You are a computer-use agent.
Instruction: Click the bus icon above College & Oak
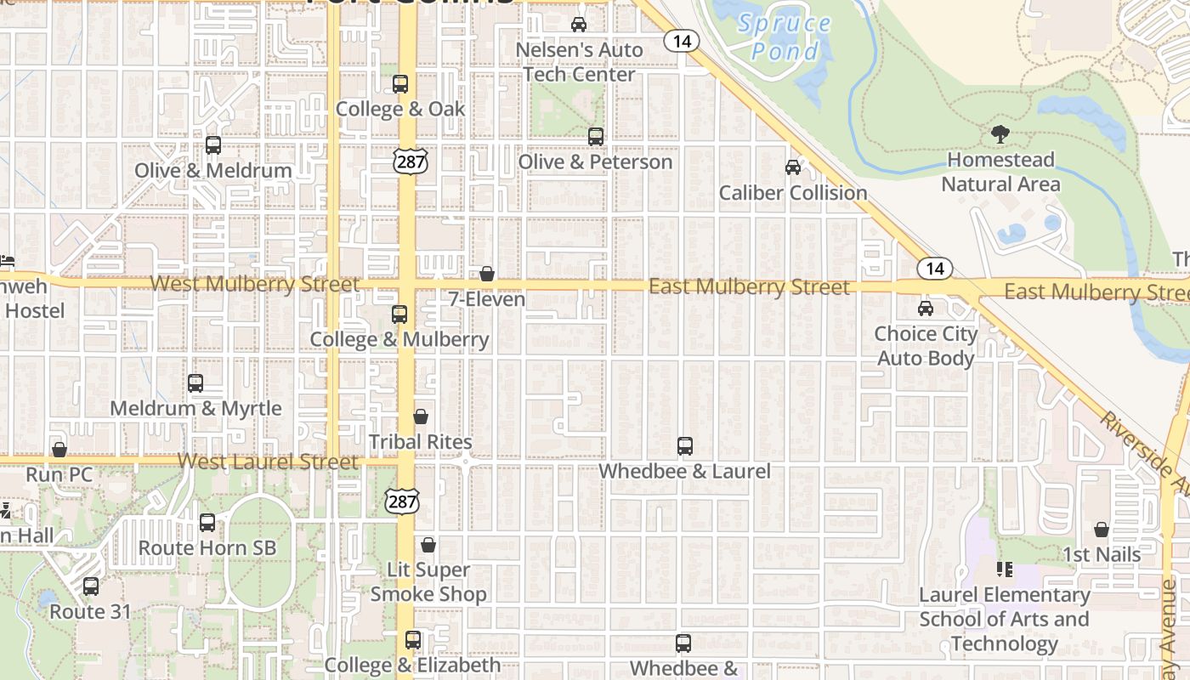pos(400,84)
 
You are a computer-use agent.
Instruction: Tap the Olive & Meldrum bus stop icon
pos(213,145)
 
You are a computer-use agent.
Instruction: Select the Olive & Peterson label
pos(595,161)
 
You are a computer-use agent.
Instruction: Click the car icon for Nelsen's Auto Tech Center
pos(579,25)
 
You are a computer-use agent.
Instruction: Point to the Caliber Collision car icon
pos(793,167)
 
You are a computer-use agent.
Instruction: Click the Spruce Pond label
pos(784,37)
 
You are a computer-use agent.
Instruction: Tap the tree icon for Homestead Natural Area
pos(1000,134)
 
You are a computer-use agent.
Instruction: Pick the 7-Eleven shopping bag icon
pos(487,274)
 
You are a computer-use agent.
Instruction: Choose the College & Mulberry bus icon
pos(399,314)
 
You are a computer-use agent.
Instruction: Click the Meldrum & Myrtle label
pos(195,408)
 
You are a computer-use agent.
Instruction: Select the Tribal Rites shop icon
pos(421,416)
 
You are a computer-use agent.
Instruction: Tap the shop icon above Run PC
pos(59,450)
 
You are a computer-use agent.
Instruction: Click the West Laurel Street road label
pos(268,462)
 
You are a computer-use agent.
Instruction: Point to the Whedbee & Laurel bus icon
pos(685,446)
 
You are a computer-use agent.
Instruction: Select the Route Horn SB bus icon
pos(207,523)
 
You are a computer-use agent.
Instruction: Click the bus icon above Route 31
pos(91,586)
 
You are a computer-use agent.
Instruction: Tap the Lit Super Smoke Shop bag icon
pos(428,545)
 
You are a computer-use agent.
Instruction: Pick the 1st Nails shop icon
pos(1102,530)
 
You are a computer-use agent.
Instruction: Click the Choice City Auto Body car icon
pos(926,309)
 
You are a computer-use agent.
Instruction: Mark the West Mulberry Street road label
pos(255,284)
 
